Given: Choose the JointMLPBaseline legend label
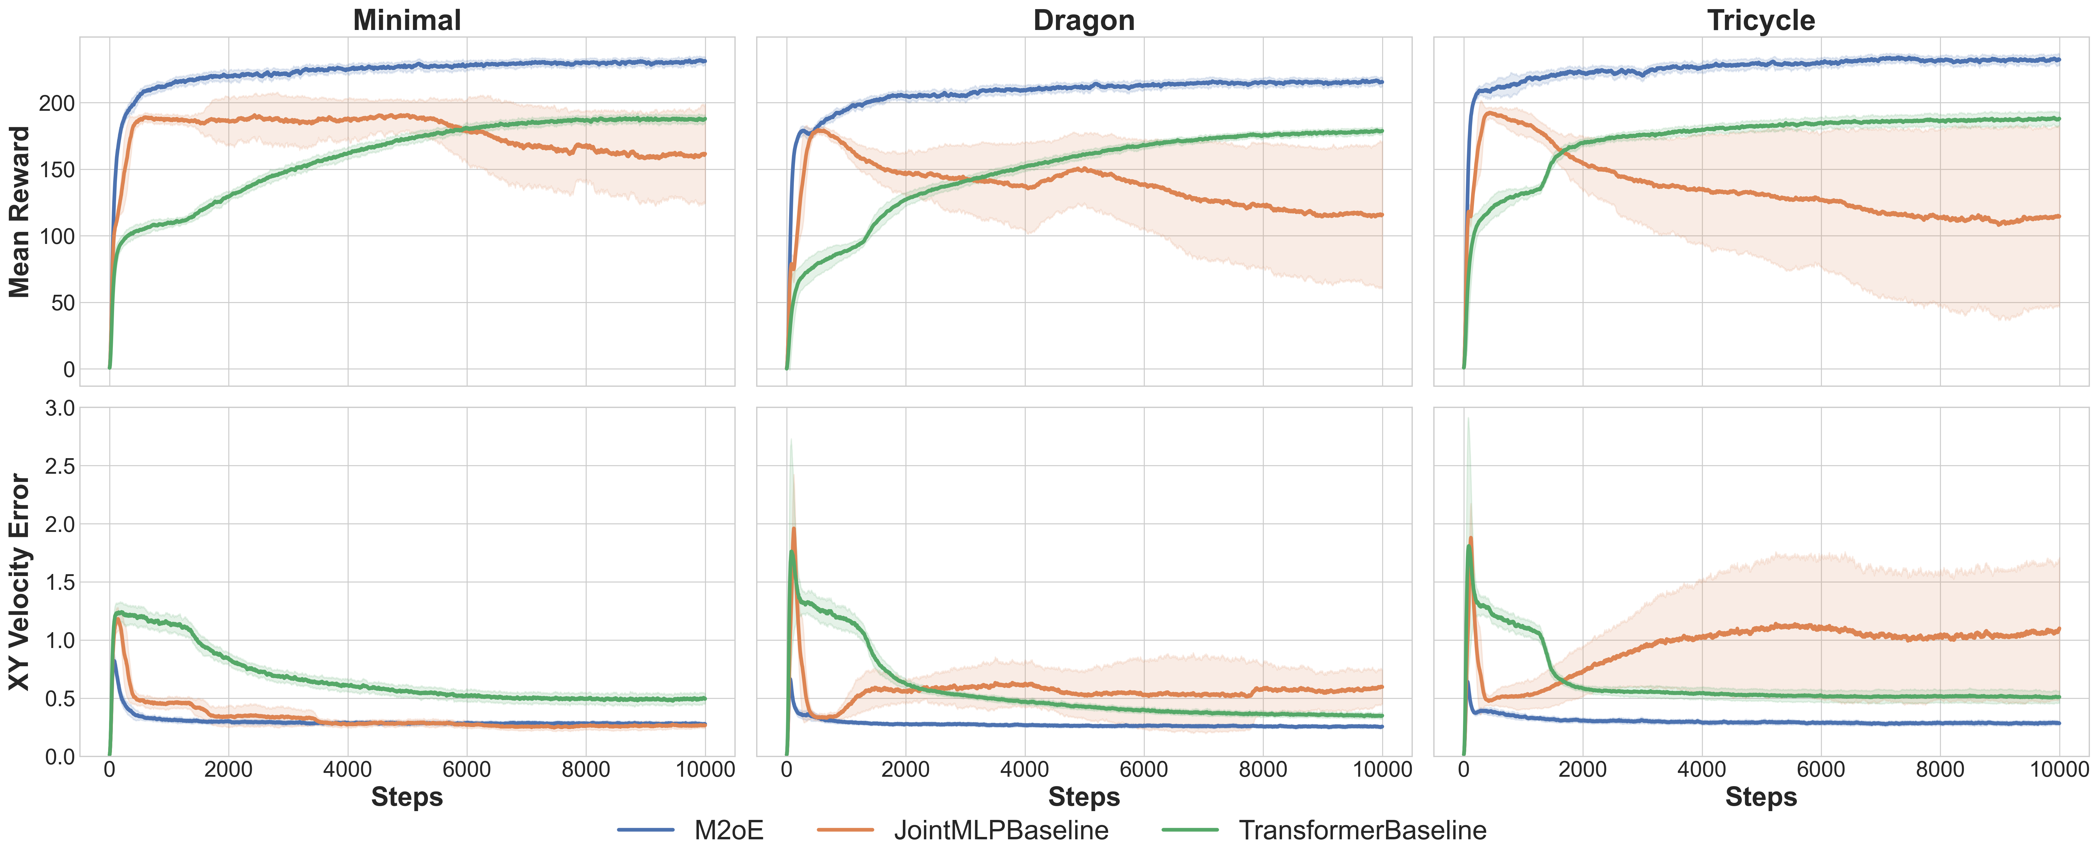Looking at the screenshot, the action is pyautogui.click(x=1001, y=830).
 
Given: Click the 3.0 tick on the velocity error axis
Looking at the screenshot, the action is pyautogui.click(x=59, y=408).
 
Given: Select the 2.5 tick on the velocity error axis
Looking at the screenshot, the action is pyautogui.click(x=59, y=466).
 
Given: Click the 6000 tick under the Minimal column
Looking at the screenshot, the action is pyautogui.click(x=467, y=769).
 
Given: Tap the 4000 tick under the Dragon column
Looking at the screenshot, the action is pyautogui.click(x=1025, y=769).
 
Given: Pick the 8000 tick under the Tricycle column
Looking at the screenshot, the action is pyautogui.click(x=1940, y=769).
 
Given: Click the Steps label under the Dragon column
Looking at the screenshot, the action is pyautogui.click(x=1084, y=797).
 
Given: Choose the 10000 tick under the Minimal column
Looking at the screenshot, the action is pyautogui.click(x=706, y=769).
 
